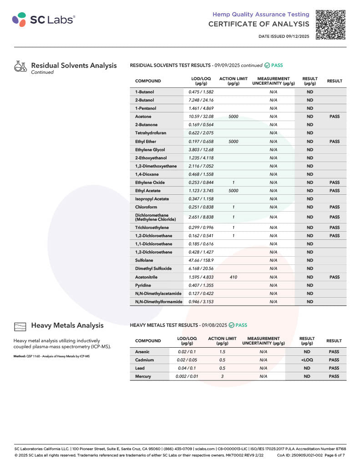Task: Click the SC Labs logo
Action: (43, 19)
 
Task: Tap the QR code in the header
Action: (331, 24)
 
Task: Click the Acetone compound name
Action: (143, 116)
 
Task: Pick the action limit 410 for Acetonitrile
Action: (233, 277)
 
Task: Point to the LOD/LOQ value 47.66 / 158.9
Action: (201, 260)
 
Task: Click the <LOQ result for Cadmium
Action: (307, 360)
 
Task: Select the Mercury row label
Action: (143, 376)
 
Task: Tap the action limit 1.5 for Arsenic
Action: (222, 352)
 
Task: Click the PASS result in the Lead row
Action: (334, 368)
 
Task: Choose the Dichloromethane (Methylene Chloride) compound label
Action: (155, 217)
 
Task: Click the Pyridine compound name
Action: (143, 285)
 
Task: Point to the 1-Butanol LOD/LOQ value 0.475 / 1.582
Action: (201, 92)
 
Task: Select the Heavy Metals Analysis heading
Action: (67, 325)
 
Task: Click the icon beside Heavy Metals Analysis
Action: (20, 326)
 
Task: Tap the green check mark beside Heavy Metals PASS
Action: (231, 325)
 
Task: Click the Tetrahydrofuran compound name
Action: (150, 133)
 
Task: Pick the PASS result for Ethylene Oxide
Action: (334, 182)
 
